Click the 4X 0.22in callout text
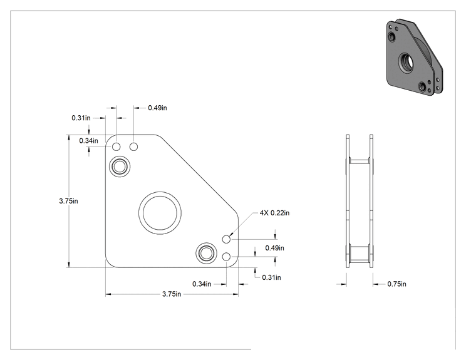tap(274, 213)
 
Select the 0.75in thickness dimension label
tap(396, 284)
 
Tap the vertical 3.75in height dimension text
tap(68, 201)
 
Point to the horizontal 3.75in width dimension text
tap(172, 294)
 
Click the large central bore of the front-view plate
tap(160, 213)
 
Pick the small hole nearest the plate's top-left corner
tap(116, 147)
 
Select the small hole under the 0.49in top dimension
tap(134, 147)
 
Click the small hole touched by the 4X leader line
tap(227, 239)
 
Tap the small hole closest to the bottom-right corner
tap(227, 257)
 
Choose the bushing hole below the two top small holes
tap(120, 167)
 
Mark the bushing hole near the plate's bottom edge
tap(206, 254)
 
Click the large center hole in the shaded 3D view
tap(406, 63)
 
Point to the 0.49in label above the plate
tap(157, 108)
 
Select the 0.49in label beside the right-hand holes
tap(274, 248)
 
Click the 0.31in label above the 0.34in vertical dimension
tap(81, 118)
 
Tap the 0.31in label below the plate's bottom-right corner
tap(271, 277)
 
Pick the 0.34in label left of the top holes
tap(88, 140)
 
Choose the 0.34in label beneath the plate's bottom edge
tap(202, 284)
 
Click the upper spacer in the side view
tap(360, 162)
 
